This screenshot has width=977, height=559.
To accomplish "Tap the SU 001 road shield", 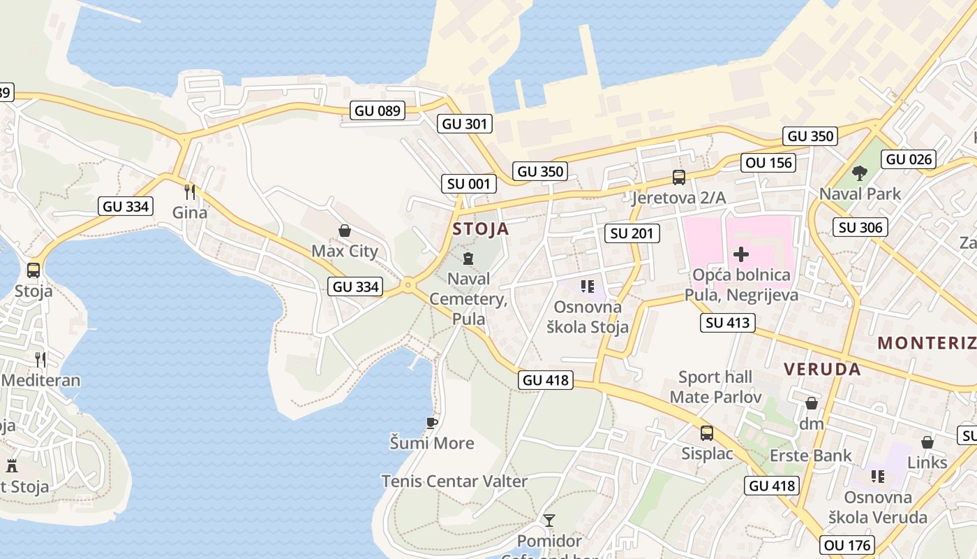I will click(x=469, y=184).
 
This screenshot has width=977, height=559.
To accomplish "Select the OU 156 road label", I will click(x=769, y=163).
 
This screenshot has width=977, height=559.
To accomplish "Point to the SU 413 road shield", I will click(x=728, y=322).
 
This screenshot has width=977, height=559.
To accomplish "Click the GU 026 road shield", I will click(x=909, y=159).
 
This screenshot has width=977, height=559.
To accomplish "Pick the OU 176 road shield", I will click(x=848, y=545).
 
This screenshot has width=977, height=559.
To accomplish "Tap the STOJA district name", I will click(x=480, y=228).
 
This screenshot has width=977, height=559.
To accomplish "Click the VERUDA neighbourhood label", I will click(x=822, y=369).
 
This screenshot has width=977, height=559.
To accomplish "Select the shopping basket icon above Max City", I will click(x=344, y=231).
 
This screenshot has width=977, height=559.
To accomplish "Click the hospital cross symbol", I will click(x=741, y=254).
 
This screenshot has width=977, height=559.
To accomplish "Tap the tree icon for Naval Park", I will click(x=860, y=173).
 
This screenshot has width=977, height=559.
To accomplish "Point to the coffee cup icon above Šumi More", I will click(x=432, y=422).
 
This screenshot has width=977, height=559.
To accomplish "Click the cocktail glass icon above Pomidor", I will click(x=549, y=521).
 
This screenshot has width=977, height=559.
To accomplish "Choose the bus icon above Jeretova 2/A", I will click(x=678, y=177).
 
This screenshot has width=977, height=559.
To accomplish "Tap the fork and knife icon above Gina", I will click(x=189, y=191).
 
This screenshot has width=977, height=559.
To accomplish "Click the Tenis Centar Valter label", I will click(x=454, y=481).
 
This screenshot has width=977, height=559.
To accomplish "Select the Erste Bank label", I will click(x=810, y=456).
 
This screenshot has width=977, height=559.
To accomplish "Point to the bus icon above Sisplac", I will click(x=707, y=433).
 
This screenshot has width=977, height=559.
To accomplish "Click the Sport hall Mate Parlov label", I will click(x=715, y=387).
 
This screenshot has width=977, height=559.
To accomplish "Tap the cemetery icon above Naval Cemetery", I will click(x=468, y=258).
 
